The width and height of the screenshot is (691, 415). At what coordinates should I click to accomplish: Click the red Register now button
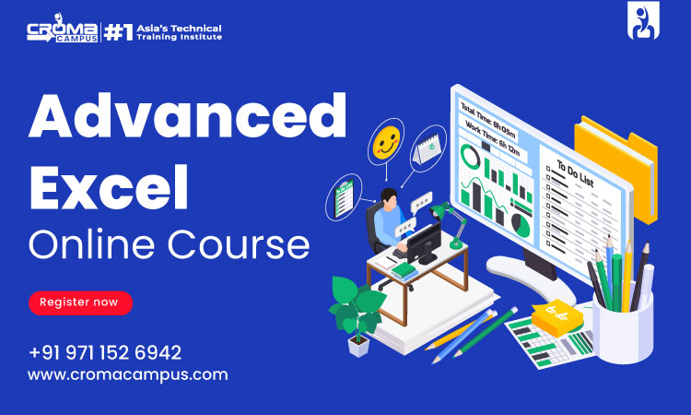81,303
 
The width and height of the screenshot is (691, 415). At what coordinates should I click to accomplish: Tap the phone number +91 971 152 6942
105,353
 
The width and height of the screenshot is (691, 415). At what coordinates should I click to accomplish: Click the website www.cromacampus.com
128,375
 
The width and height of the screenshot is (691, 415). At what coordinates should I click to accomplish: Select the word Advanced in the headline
188,115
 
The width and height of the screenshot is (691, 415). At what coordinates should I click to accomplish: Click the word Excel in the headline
109,186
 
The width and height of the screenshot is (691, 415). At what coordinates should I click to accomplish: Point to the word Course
239,244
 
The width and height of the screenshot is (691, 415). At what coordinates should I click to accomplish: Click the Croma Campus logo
62,29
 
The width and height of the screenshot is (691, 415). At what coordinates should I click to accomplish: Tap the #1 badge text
119,32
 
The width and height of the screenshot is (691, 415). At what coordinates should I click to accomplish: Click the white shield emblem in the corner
643,20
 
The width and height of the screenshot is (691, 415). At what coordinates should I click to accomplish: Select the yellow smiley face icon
386,142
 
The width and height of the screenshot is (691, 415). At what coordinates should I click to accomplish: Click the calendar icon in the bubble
427,149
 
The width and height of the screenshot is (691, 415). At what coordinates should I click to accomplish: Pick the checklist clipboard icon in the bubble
344,199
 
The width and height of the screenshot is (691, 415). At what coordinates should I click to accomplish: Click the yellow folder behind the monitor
617,168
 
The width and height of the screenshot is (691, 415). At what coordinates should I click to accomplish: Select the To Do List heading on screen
575,173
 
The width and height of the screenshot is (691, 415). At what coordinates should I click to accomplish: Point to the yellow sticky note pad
557,317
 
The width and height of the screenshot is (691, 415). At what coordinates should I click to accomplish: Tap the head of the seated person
389,197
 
